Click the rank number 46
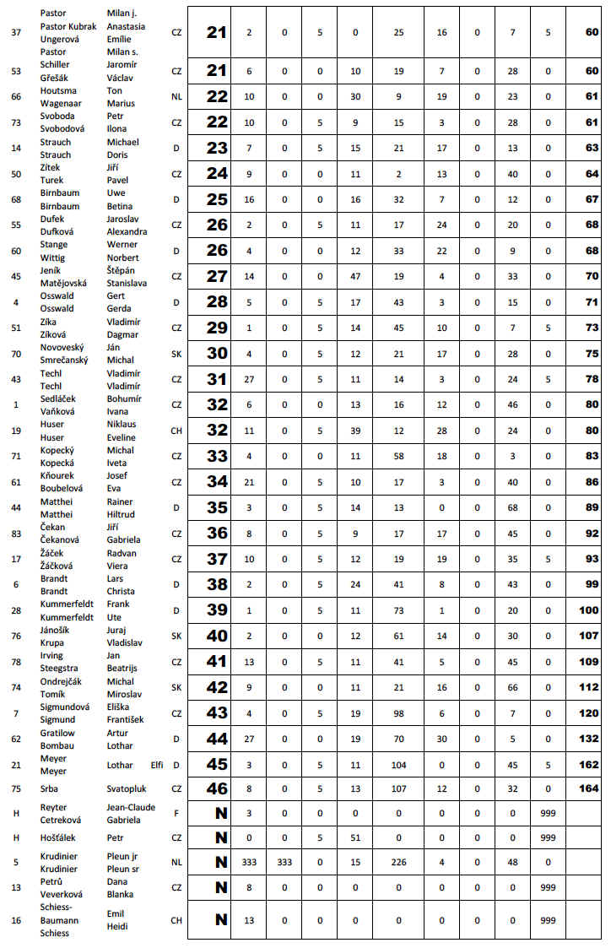click(x=217, y=789)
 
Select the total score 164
click(x=589, y=789)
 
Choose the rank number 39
click(x=217, y=610)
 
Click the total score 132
click(x=589, y=739)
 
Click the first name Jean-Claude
click(x=131, y=807)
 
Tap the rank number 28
click(x=217, y=302)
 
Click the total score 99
click(x=592, y=584)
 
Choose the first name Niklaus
click(x=122, y=425)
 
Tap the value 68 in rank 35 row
click(x=512, y=508)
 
